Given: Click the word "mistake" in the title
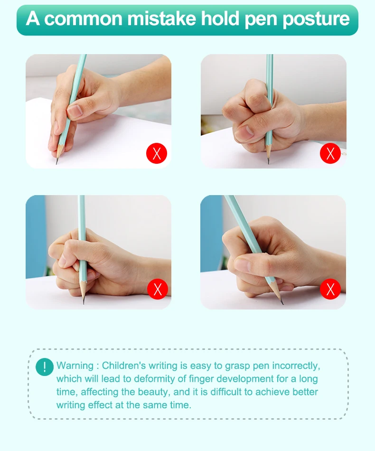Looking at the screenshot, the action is (x=161, y=19).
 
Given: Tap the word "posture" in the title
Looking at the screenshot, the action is (x=316, y=20).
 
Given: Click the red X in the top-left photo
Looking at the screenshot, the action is (x=157, y=153).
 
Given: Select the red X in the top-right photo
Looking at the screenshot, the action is (x=330, y=153).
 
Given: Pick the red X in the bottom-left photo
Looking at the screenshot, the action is (x=158, y=289).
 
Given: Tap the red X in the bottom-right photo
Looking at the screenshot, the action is (x=330, y=289).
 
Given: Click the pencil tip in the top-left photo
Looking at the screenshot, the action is (x=56, y=163).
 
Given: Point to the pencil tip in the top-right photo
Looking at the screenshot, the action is (x=268, y=163).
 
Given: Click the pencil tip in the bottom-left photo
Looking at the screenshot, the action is (x=84, y=303).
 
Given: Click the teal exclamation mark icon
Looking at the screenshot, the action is (x=45, y=366).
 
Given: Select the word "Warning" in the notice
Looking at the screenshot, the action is (x=75, y=366).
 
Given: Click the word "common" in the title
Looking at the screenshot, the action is (x=84, y=19).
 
